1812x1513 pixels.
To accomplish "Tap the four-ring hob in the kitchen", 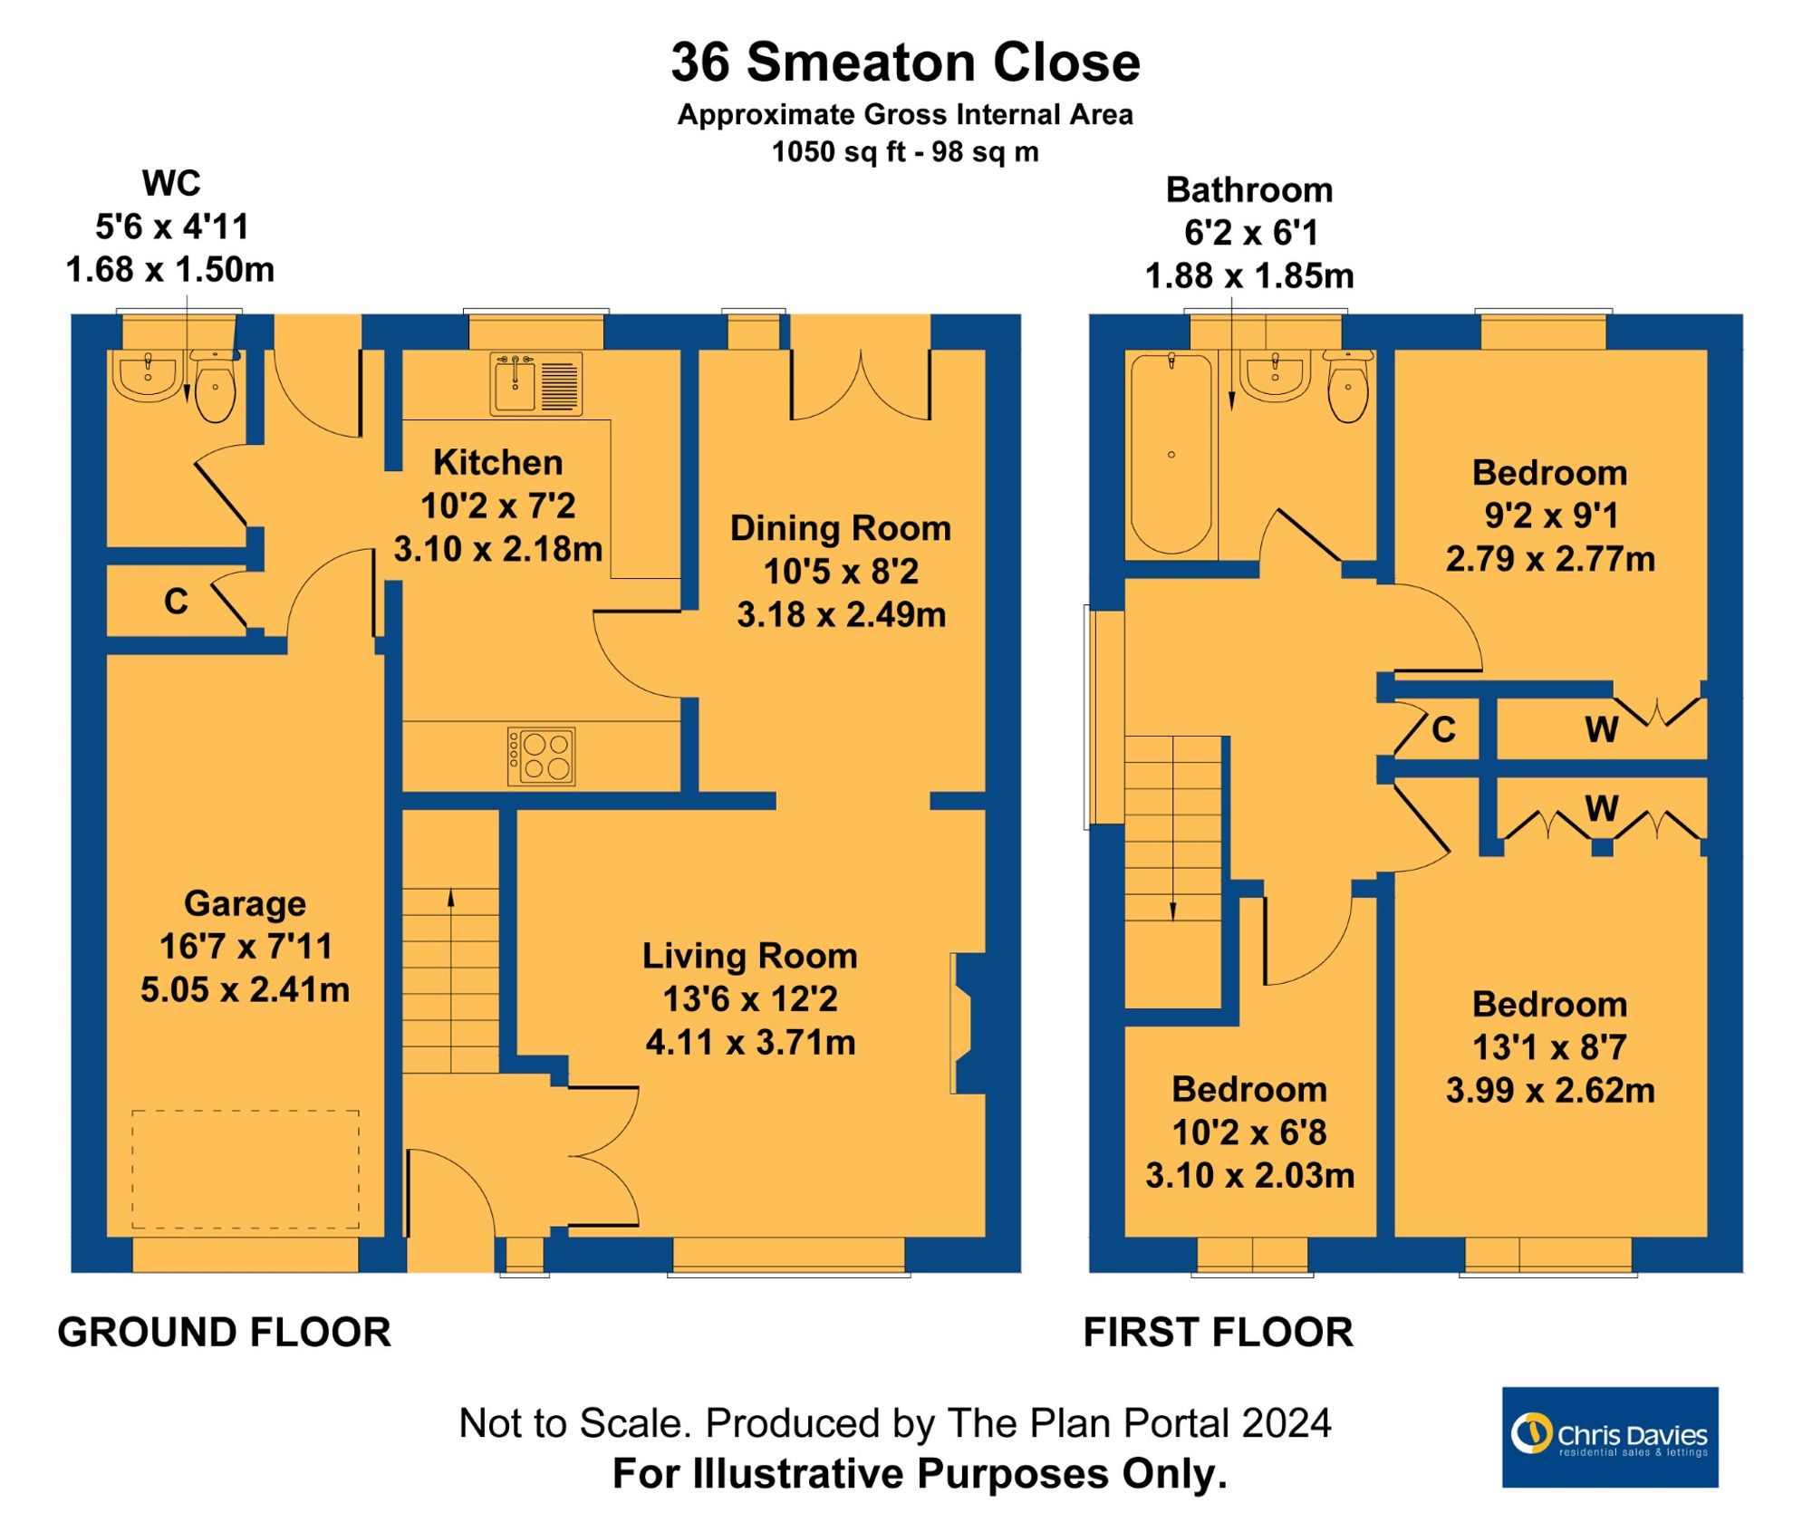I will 542,756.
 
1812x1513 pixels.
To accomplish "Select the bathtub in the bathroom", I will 1171,453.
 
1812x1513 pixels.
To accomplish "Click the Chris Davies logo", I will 1609,1437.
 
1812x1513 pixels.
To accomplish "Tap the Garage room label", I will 245,903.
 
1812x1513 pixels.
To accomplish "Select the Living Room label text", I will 749,956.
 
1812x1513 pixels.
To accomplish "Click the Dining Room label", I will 840,528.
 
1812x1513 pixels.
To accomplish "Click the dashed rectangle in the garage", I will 246,1169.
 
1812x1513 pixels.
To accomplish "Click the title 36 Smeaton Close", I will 905,63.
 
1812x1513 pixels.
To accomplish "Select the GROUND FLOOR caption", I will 224,1333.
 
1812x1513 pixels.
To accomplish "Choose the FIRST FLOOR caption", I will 1218,1333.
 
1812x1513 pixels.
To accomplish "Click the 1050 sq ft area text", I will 904,152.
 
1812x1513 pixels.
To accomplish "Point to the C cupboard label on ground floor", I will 176,602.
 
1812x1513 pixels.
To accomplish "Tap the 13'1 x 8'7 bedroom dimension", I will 1549,1047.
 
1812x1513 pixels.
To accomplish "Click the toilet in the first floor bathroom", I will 1348,387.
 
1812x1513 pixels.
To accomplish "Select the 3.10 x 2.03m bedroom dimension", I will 1249,1176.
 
